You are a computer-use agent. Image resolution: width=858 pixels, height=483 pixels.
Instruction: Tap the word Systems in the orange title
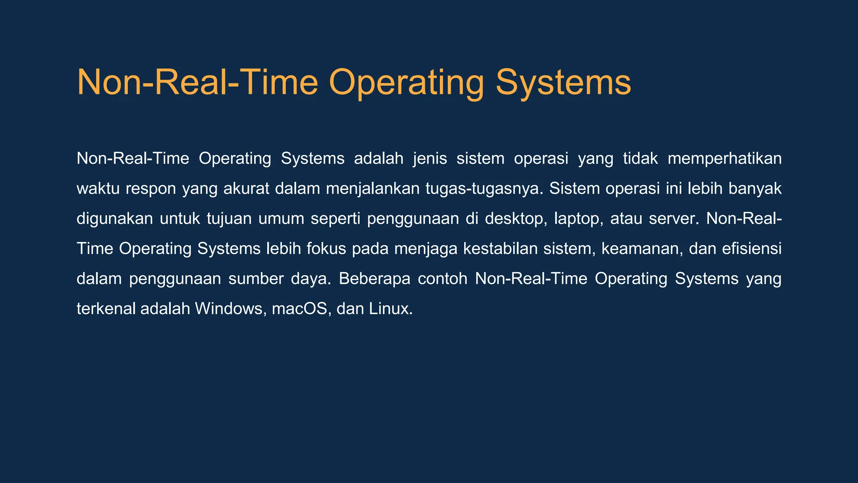(563, 83)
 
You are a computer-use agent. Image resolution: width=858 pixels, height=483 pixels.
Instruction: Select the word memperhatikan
(724, 158)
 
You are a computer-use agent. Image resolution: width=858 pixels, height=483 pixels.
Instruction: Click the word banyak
(755, 189)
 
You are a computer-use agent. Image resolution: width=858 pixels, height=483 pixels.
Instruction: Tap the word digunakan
(115, 219)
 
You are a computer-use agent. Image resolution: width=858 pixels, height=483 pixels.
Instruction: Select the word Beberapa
(375, 279)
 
